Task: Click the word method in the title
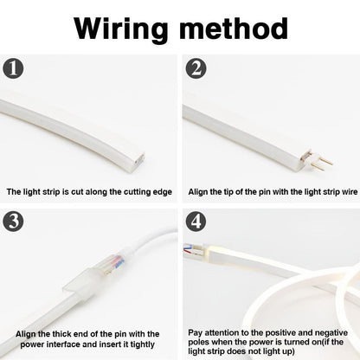[x=234, y=29]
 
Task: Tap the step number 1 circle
[x=13, y=68]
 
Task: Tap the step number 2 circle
[x=196, y=68]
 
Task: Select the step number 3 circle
[x=13, y=221]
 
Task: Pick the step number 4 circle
[x=196, y=221]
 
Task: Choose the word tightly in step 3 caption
[x=142, y=344]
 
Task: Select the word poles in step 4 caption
[x=198, y=343]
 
